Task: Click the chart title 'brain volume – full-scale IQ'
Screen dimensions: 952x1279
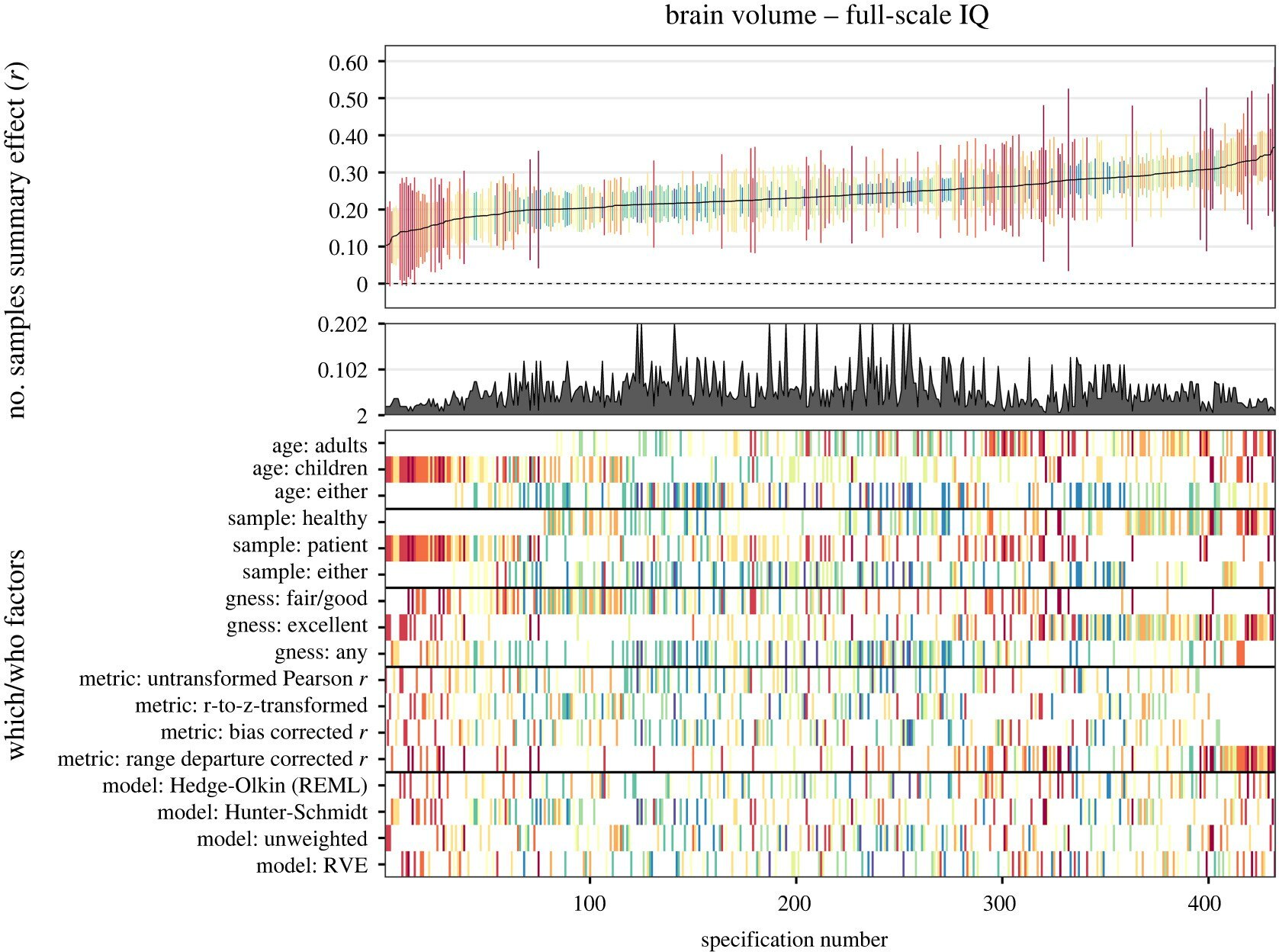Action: click(x=827, y=15)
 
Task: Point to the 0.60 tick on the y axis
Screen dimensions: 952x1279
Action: click(x=348, y=63)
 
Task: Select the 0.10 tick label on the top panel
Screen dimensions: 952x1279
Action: click(x=348, y=247)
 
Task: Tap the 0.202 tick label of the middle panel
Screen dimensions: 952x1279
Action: click(x=342, y=325)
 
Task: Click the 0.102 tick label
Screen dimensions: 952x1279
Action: click(x=342, y=371)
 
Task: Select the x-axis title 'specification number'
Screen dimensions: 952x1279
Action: click(x=794, y=940)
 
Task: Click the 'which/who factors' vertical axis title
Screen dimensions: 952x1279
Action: click(x=16, y=654)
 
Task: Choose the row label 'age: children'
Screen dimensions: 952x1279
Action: click(x=310, y=468)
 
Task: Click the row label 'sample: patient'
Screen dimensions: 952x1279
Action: click(x=300, y=546)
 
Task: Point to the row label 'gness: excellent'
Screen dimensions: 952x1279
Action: click(x=297, y=626)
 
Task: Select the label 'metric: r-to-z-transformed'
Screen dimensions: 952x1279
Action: click(x=251, y=706)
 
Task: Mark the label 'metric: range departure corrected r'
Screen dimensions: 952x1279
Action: click(x=212, y=759)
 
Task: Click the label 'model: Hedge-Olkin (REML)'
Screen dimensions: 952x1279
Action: click(x=235, y=786)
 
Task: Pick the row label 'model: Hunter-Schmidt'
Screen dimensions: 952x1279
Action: click(x=262, y=812)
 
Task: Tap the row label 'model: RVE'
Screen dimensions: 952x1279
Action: click(x=311, y=866)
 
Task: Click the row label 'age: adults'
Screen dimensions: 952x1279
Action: click(x=320, y=445)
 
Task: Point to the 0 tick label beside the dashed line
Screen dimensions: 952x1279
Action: click(x=362, y=285)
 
